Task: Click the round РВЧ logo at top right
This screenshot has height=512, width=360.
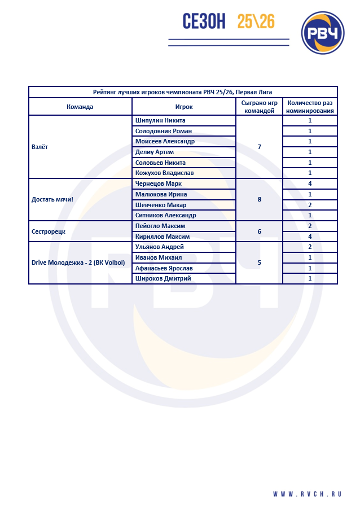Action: pos(323,33)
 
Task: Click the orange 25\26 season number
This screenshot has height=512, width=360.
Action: pos(256,21)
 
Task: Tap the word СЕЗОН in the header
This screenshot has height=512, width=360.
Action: pos(204,21)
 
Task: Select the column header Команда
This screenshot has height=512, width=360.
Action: pos(80,107)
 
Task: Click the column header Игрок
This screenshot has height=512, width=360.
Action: pos(184,107)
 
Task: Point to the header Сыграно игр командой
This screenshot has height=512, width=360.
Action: pos(259,107)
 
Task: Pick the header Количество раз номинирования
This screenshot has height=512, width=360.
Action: pos(310,107)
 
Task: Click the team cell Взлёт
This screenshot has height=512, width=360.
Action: pos(40,147)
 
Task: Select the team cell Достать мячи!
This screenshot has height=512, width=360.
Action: pos(53,199)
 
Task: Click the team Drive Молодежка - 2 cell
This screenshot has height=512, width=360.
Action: pos(78,262)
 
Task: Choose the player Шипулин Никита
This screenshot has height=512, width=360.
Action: pos(160,120)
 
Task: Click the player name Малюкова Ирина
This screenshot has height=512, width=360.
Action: pos(161,194)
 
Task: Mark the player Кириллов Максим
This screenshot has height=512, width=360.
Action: pos(163,237)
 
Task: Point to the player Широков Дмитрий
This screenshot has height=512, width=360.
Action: pos(163,278)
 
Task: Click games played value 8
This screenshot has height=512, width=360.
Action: pos(259,199)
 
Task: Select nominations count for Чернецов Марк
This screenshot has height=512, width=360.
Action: pos(310,183)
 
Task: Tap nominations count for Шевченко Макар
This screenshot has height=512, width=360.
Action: pos(310,205)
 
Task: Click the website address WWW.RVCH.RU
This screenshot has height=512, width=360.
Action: pos(308,494)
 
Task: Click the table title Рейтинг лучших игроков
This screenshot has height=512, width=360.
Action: pos(183,92)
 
